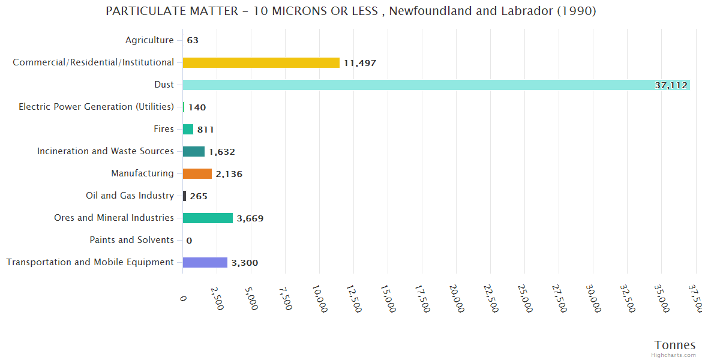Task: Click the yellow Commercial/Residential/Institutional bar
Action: click(261, 62)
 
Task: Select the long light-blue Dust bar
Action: click(436, 85)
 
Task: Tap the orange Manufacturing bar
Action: click(197, 173)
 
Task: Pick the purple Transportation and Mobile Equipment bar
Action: click(205, 262)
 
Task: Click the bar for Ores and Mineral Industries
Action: click(208, 218)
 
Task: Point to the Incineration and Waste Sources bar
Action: click(194, 151)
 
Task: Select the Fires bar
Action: click(188, 129)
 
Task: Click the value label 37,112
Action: click(671, 85)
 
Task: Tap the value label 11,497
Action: click(360, 63)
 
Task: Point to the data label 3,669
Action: click(250, 218)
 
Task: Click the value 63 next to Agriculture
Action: click(193, 41)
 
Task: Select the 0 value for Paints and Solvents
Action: click(189, 241)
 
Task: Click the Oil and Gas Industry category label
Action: click(130, 196)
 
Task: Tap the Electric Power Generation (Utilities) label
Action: click(97, 107)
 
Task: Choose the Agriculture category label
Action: click(149, 40)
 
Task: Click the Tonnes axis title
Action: click(675, 345)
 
